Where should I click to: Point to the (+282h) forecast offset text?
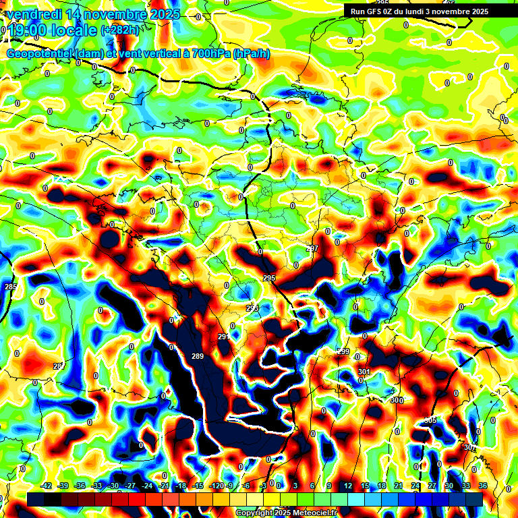point(120,30)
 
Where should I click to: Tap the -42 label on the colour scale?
point(47,486)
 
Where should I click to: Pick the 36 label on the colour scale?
point(483,486)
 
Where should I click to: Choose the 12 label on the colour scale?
point(347,486)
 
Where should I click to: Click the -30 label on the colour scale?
point(113,486)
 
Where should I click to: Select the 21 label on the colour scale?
point(399,486)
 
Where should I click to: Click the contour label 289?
point(198,356)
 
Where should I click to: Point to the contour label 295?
point(269,278)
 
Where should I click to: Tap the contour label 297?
point(312,248)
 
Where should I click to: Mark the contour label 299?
point(343,351)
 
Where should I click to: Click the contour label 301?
point(364,372)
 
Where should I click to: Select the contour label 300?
point(397,400)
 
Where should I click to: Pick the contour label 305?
point(430,420)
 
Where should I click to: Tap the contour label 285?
point(11,287)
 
